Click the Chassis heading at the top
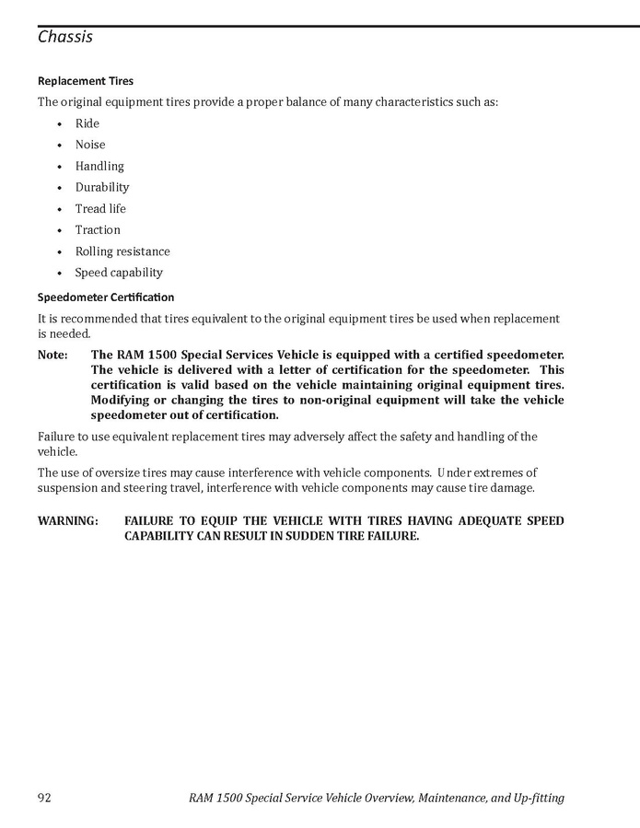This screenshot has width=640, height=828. point(65,38)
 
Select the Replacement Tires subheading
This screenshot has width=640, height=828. point(86,81)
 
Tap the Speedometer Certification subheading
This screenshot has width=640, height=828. point(106,297)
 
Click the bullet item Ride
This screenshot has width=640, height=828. point(87,123)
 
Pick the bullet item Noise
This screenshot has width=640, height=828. point(90,145)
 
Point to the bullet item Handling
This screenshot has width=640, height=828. point(99,166)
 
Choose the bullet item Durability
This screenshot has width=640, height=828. point(102,187)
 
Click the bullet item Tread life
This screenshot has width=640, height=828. point(100,208)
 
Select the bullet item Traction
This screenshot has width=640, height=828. point(98,229)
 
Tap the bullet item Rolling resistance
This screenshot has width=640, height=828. point(122,251)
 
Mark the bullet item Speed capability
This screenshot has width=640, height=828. point(119,273)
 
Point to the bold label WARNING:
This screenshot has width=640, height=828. point(68,521)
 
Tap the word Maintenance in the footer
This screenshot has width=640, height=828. point(448,798)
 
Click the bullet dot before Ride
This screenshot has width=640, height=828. point(59,124)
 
